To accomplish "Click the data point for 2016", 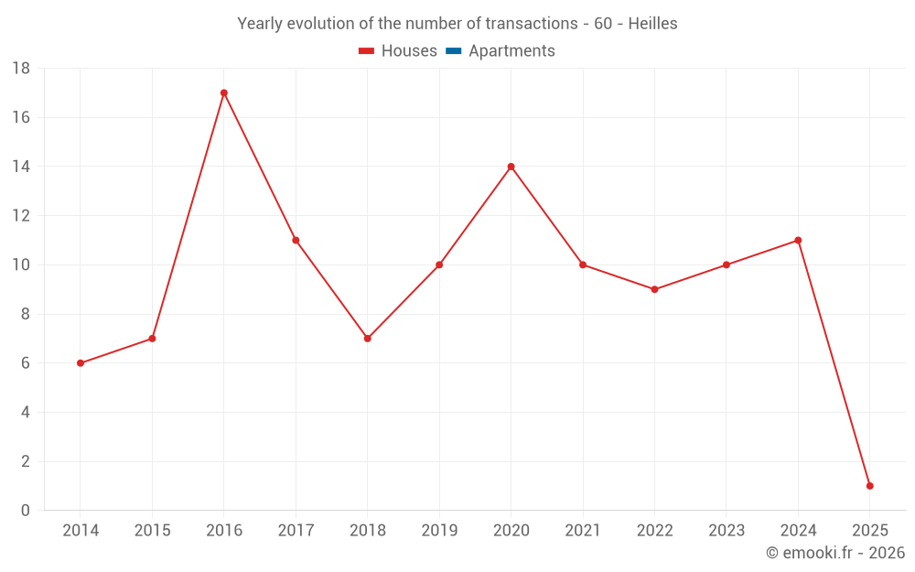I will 224,92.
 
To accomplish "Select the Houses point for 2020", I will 511,167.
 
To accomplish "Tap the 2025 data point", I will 869,486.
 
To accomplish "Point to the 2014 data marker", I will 81,363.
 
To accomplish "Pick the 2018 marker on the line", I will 367,339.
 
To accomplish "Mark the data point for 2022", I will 654,289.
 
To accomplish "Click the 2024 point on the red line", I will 798,241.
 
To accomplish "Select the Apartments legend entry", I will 511,51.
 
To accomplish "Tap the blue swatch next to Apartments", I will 453,51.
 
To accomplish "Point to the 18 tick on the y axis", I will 21,69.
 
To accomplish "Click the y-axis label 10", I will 21,265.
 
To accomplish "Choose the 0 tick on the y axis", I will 26,511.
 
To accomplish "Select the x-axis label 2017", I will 296,531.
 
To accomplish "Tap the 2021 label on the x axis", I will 583,531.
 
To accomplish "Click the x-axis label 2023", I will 727,531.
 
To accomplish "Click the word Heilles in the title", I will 652,24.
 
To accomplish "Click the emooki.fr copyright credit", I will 835,553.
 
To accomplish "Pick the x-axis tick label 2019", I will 439,531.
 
